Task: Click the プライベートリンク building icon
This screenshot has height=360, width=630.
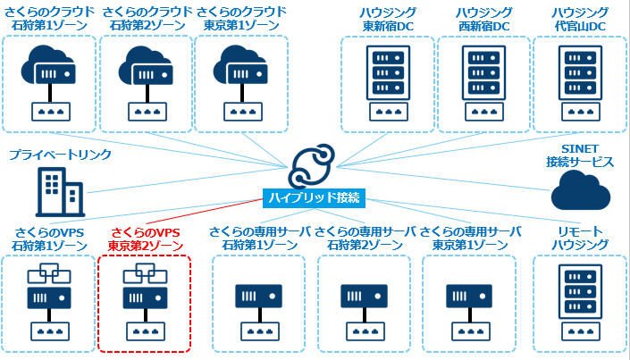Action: [x=58, y=188]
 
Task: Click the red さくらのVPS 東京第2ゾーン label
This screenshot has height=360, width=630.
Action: [x=145, y=239]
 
